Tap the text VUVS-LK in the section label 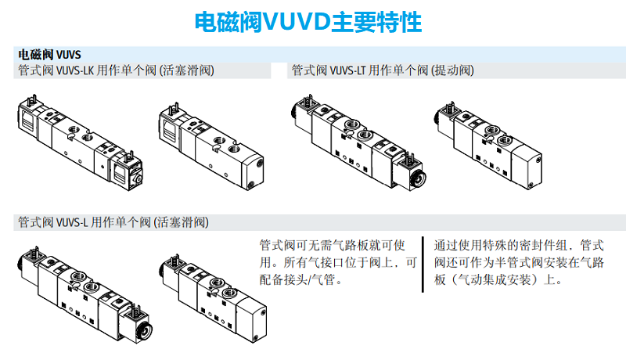tap(75, 70)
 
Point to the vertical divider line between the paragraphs tap(424, 263)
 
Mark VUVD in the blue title tap(293, 21)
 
